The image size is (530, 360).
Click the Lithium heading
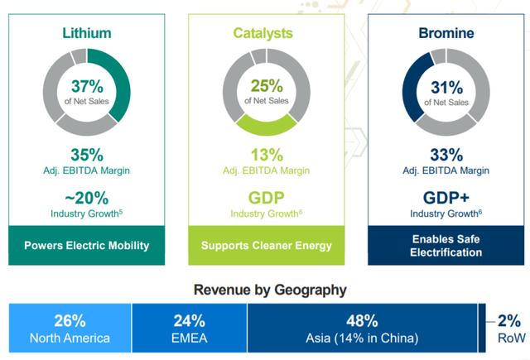pyautogui.click(x=87, y=33)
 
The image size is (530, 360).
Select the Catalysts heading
pyautogui.click(x=266, y=33)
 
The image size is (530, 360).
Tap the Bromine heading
pyautogui.click(x=446, y=33)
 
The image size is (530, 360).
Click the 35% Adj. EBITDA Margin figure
pyautogui.click(x=87, y=154)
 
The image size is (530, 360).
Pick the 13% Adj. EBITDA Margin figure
pyautogui.click(x=266, y=154)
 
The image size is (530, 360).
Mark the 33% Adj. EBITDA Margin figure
pyautogui.click(x=446, y=154)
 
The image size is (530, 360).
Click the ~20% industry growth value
pyautogui.click(x=87, y=199)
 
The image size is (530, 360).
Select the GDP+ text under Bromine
pyautogui.click(x=446, y=199)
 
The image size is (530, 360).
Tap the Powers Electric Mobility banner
pyautogui.click(x=87, y=246)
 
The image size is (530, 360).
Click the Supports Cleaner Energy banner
pyautogui.click(x=266, y=246)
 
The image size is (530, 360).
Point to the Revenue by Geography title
pyautogui.click(x=270, y=290)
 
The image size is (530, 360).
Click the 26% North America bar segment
pyautogui.click(x=70, y=329)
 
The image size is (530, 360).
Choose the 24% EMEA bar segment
pyautogui.click(x=189, y=329)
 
